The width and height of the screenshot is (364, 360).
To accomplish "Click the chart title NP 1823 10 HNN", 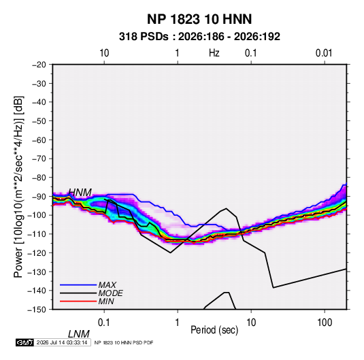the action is [199, 19].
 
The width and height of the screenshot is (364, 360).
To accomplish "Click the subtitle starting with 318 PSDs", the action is [199, 37].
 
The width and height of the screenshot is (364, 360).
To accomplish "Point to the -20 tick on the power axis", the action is [39, 65].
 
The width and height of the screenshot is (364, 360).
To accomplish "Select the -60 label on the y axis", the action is [39, 140].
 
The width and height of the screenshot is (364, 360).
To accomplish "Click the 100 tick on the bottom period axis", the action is [325, 323].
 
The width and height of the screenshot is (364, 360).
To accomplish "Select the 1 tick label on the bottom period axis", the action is [178, 323].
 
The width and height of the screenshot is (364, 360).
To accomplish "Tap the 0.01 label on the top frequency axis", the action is [324, 53].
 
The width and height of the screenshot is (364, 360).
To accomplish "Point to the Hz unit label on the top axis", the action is [214, 53].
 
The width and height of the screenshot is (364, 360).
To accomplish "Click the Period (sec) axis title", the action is [214, 330].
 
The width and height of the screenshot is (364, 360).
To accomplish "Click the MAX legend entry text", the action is [107, 285].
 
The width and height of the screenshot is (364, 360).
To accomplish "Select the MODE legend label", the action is [110, 293].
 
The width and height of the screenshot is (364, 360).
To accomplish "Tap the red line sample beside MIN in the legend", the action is [78, 301].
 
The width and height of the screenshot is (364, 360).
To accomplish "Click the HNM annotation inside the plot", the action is [80, 193].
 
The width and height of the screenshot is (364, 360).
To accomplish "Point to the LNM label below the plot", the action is [79, 334].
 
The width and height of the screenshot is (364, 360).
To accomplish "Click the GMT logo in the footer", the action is [25, 342].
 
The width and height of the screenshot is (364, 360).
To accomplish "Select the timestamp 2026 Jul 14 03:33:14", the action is [62, 342].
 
